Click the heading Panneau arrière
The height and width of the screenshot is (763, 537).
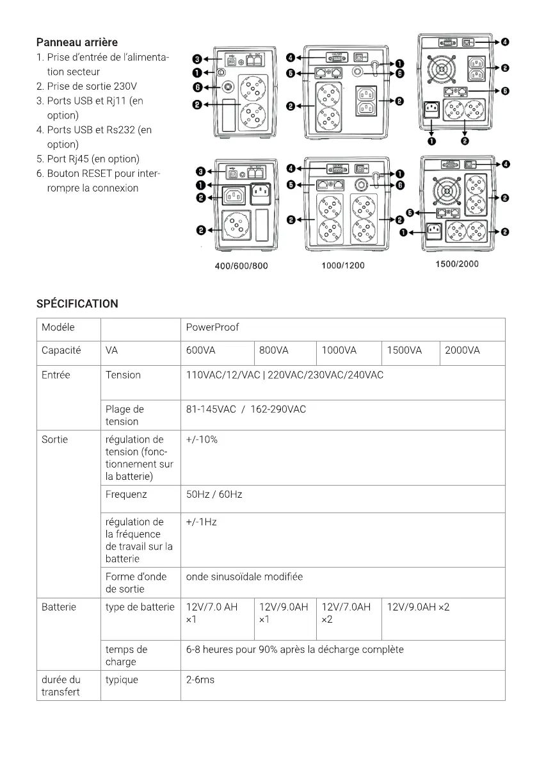tap(77, 43)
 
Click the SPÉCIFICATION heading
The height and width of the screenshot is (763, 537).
tap(77, 303)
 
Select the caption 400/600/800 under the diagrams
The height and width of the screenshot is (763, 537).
tap(241, 266)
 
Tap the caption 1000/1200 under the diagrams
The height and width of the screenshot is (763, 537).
tap(342, 265)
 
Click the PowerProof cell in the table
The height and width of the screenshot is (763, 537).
tap(212, 327)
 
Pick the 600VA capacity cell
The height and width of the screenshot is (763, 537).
tap(201, 350)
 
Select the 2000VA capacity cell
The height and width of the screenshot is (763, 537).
tap(461, 350)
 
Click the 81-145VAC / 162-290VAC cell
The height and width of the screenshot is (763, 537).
tap(246, 409)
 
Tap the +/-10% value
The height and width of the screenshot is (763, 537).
tap(202, 439)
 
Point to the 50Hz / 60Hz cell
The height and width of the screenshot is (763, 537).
tap(214, 495)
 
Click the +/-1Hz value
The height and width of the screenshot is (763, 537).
tap(201, 522)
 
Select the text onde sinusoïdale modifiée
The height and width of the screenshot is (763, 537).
tap(244, 577)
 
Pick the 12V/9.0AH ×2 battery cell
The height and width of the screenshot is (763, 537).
tap(418, 607)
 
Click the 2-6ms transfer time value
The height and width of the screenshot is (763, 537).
tap(200, 679)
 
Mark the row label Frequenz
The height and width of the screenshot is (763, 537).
tap(126, 495)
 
